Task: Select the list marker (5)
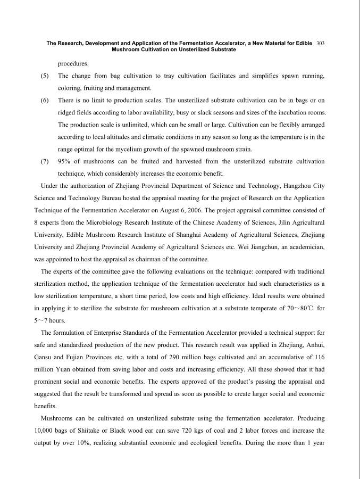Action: pos(46,77)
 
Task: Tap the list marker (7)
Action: pos(46,161)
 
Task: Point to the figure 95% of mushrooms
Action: pos(65,161)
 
